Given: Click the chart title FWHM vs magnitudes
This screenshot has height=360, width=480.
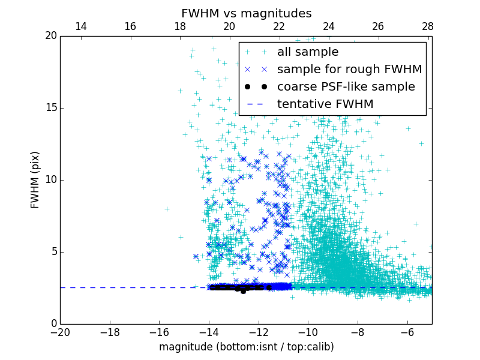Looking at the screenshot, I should click(x=246, y=13).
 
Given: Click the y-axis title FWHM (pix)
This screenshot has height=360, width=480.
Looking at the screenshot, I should click(x=35, y=180).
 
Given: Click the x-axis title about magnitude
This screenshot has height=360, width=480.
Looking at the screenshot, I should click(x=246, y=347).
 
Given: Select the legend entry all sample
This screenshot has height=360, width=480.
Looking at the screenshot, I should click(x=307, y=52).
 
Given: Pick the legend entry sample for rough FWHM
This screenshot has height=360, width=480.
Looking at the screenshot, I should click(x=349, y=70).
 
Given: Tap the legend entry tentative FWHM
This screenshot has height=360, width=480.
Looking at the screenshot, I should click(x=325, y=104).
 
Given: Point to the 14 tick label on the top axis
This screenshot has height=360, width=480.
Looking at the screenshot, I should click(x=80, y=26).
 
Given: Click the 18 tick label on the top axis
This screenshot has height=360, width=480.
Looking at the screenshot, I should click(x=179, y=26).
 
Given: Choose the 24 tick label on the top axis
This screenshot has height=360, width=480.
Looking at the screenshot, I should click(x=328, y=26).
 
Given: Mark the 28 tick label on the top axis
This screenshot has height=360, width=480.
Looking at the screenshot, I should click(x=427, y=26).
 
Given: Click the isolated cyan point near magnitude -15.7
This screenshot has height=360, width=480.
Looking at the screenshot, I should click(x=167, y=209).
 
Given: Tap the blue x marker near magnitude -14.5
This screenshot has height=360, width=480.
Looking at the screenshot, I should click(x=196, y=256).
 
